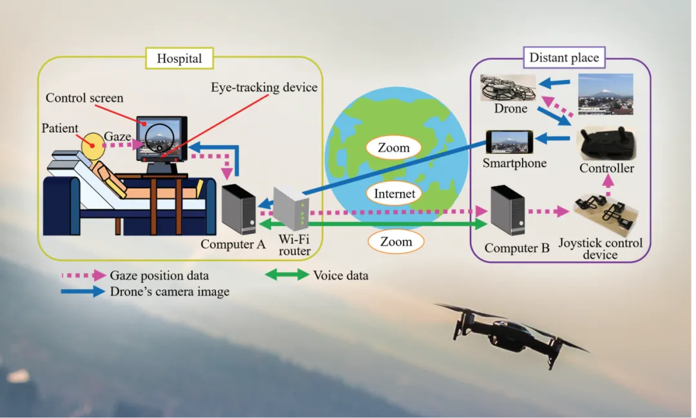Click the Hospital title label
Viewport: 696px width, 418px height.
click(x=180, y=59)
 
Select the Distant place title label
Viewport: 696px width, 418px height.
click(x=564, y=58)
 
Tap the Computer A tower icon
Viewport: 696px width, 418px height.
click(x=238, y=209)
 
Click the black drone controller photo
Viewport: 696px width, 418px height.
click(x=606, y=144)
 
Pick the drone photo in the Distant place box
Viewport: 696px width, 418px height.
click(x=508, y=88)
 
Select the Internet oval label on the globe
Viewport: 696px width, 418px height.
click(x=394, y=193)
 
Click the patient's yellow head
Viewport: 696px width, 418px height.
click(x=93, y=145)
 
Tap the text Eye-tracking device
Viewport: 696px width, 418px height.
click(x=265, y=87)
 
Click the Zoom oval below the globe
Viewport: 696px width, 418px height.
click(x=396, y=242)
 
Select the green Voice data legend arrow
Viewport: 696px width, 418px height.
click(x=287, y=275)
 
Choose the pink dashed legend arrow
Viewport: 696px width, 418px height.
click(x=83, y=275)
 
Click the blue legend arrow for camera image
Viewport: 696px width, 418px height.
click(x=83, y=292)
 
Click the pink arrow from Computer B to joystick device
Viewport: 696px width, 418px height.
click(x=549, y=211)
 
